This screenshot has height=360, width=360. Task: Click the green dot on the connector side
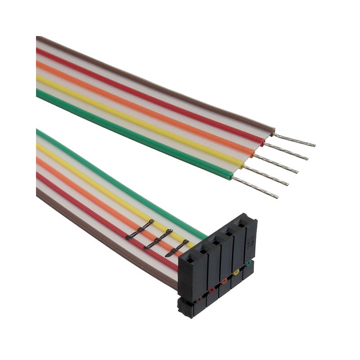(248, 263)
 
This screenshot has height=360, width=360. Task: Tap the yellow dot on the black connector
(236, 272)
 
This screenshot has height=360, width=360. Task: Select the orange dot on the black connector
(223, 281)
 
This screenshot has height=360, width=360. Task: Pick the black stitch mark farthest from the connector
(140, 229)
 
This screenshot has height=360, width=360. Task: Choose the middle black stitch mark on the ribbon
(158, 238)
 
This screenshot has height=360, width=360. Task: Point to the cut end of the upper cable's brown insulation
(273, 131)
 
